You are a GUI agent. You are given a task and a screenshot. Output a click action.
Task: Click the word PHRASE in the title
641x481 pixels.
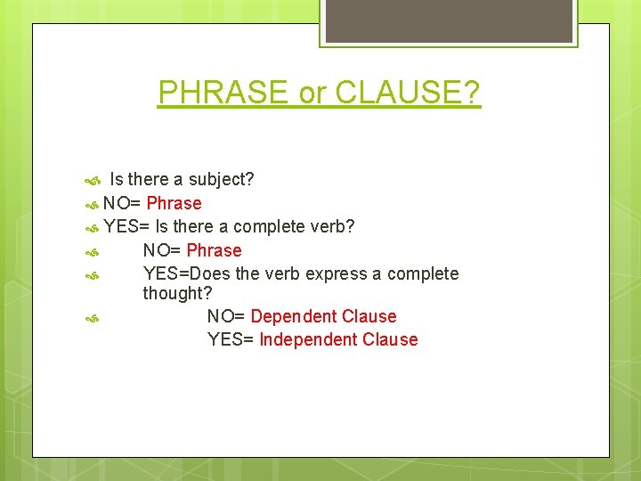click(223, 92)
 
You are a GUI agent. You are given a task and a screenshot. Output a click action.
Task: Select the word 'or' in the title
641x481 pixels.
click(311, 93)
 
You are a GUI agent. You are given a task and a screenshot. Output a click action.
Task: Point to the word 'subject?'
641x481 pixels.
click(221, 179)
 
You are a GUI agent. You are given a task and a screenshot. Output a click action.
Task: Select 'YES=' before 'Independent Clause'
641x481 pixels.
click(231, 339)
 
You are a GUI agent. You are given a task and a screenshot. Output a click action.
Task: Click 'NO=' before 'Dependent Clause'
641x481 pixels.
click(226, 316)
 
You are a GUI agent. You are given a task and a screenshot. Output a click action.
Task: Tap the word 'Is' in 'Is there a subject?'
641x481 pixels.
click(117, 179)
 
